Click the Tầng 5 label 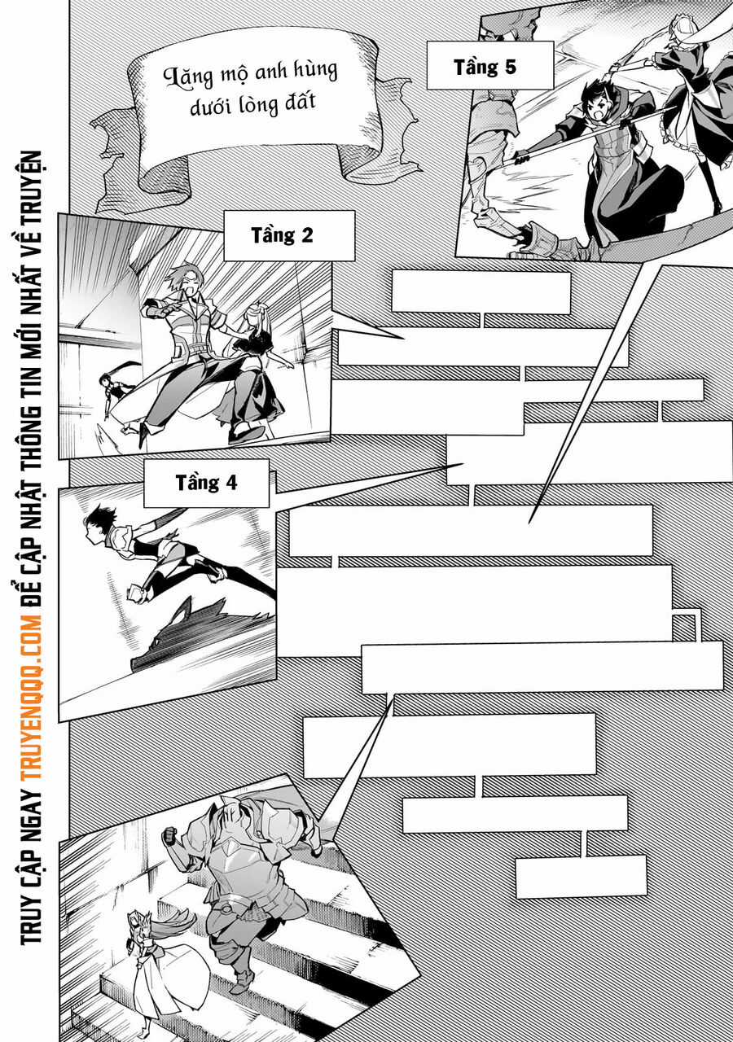click(485, 67)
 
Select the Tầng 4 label click(206, 482)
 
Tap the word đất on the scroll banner click(300, 103)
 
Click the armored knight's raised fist click(170, 834)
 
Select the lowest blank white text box click(581, 876)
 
